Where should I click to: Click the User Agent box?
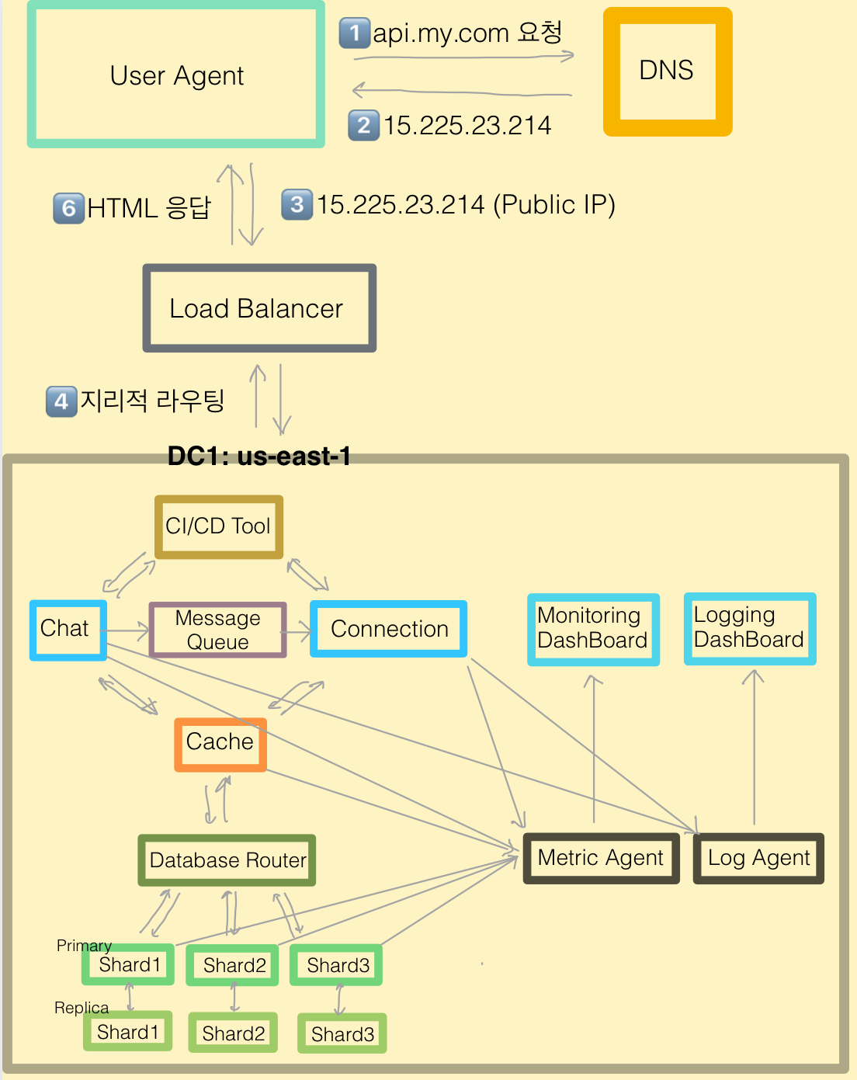(x=176, y=75)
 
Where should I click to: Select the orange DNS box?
(x=667, y=71)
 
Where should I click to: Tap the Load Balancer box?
(x=259, y=308)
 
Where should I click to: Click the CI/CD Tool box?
(x=219, y=526)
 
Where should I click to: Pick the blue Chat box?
(x=68, y=630)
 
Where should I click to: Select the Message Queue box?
(x=218, y=630)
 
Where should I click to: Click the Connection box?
(x=389, y=629)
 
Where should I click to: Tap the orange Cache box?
(x=220, y=744)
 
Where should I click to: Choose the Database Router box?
(x=227, y=860)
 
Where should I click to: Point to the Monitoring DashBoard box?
(x=593, y=629)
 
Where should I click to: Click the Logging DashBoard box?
(x=749, y=628)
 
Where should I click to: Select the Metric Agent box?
(x=601, y=858)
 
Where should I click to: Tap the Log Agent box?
(x=758, y=858)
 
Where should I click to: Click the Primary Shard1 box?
(x=129, y=965)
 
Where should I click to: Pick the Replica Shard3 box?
(x=342, y=1033)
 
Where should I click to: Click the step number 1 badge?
(x=355, y=33)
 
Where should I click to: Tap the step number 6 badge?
(x=68, y=208)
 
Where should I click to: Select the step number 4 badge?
(x=61, y=401)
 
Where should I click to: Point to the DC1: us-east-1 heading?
(x=259, y=457)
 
